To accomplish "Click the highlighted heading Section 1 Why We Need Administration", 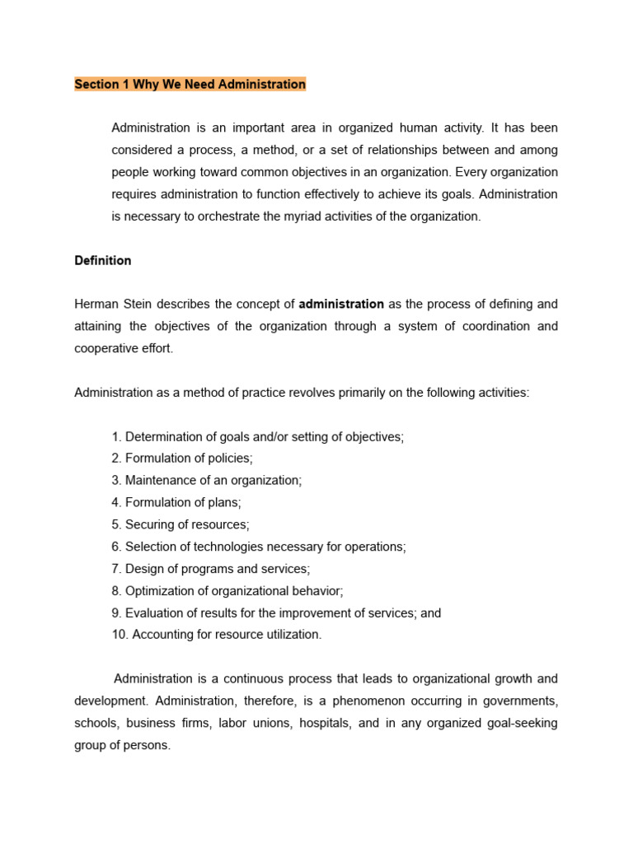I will (x=190, y=84).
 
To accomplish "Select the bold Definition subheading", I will (x=102, y=260).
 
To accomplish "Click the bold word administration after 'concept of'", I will (x=341, y=305).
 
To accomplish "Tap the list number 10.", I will (x=120, y=635).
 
